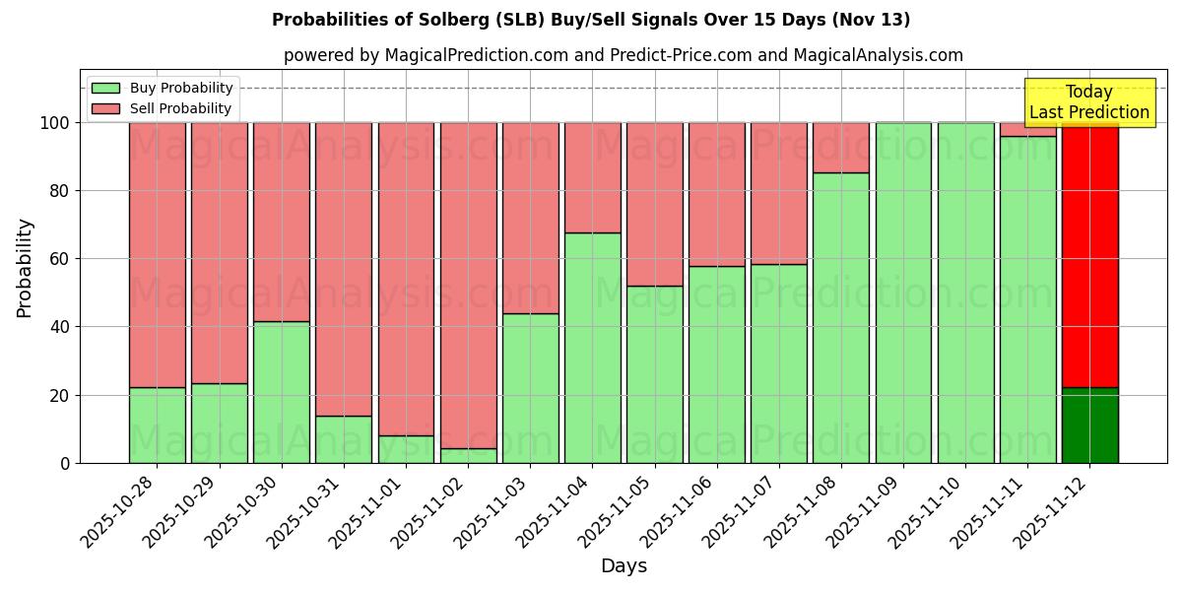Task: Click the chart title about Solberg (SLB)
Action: (x=591, y=20)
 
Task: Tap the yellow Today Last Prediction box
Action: (x=1089, y=102)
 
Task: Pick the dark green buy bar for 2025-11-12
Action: (x=1089, y=426)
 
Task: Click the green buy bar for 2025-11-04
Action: (x=592, y=348)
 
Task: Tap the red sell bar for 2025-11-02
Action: (x=468, y=286)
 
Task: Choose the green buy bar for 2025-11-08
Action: (x=841, y=317)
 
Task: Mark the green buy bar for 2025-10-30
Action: (x=282, y=392)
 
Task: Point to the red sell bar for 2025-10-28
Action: (x=157, y=254)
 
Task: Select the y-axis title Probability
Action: (x=25, y=267)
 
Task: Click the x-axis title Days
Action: (x=624, y=566)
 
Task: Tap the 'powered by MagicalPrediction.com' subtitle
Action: (x=624, y=56)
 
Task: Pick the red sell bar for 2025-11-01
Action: (x=406, y=279)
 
